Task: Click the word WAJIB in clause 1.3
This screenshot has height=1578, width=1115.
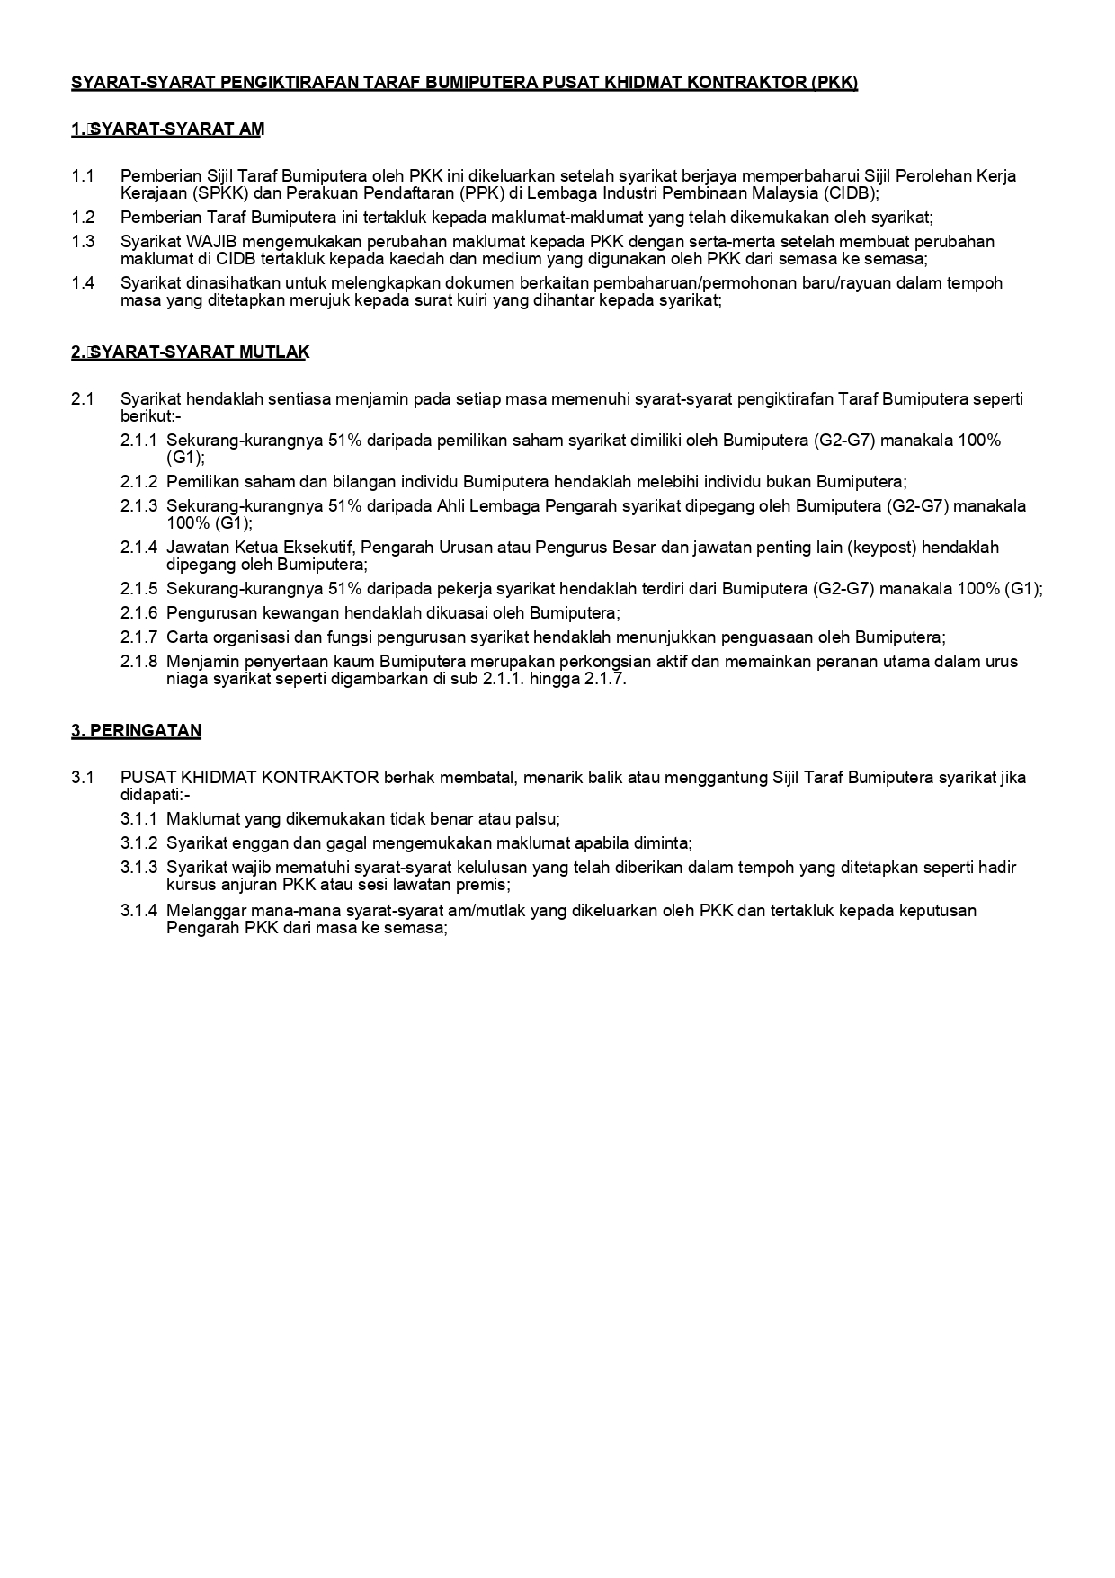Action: click(211, 242)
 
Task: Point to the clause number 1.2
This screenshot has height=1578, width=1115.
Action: click(83, 218)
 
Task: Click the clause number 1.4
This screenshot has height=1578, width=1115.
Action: click(83, 283)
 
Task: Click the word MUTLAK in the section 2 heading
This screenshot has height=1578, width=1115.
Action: click(273, 352)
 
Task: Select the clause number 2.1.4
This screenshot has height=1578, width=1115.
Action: click(138, 548)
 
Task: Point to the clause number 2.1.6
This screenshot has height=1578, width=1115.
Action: click(138, 613)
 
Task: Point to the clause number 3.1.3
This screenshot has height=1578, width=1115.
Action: click(138, 868)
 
